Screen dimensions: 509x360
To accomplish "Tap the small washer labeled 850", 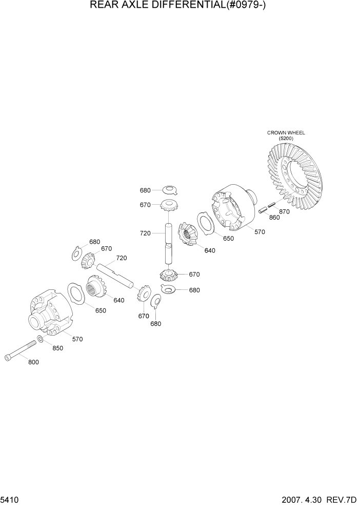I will coord(41,339).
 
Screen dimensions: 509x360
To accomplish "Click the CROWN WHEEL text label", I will coord(286,132).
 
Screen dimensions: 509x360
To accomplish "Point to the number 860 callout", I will coord(274,217).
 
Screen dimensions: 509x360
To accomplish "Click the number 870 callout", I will coord(284,211).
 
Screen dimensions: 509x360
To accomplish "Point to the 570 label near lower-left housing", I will coord(77,339).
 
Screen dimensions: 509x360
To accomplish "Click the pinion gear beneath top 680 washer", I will coord(169,206).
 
